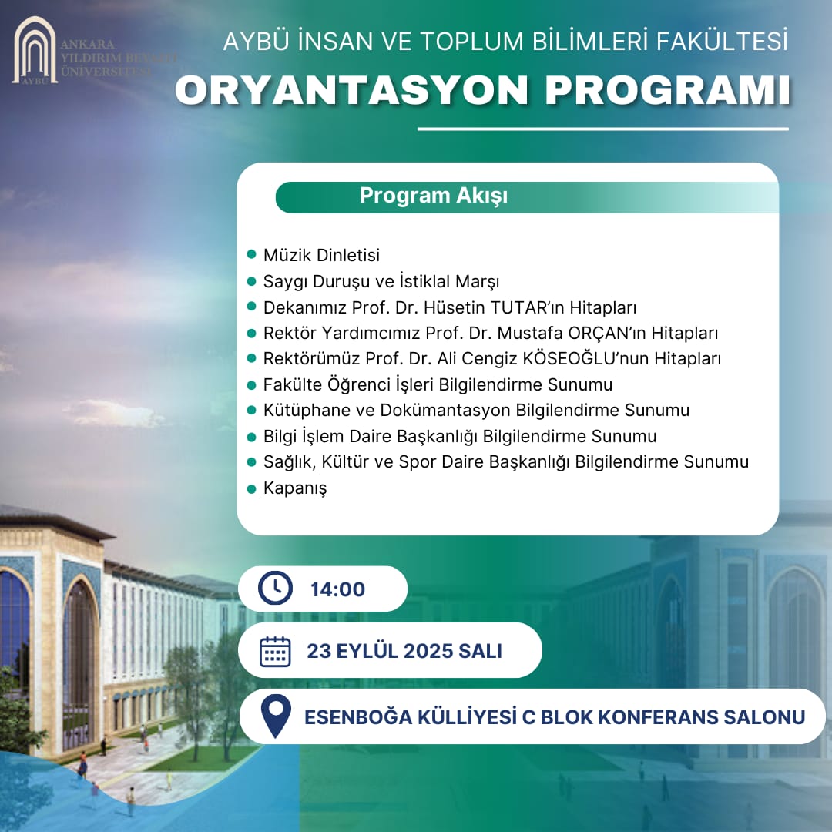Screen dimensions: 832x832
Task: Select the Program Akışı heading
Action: [x=434, y=196]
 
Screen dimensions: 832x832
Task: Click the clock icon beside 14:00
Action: [x=275, y=589]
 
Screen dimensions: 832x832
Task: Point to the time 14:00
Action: [x=337, y=590]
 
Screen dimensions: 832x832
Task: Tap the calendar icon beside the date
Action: [x=275, y=651]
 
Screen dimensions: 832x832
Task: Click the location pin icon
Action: [x=276, y=716]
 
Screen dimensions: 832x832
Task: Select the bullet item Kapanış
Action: [x=295, y=488]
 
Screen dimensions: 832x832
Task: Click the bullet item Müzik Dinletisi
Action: [x=321, y=255]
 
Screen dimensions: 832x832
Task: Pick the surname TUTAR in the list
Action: [x=518, y=307]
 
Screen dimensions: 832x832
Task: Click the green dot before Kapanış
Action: [x=250, y=488]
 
